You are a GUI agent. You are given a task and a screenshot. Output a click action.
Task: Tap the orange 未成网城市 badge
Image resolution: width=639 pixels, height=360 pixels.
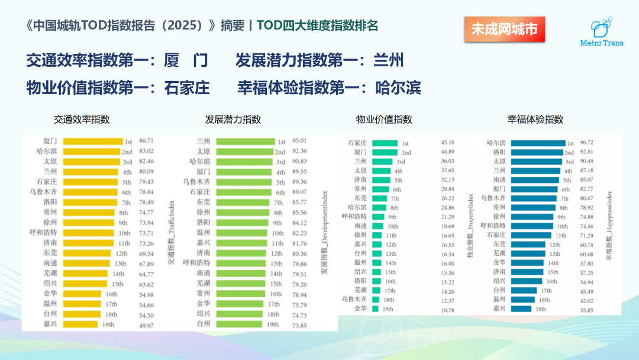click(x=504, y=29)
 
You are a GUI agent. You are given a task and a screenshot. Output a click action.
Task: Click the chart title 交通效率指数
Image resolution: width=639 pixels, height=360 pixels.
click(x=82, y=119)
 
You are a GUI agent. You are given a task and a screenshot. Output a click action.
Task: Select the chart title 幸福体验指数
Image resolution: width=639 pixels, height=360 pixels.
click(x=535, y=119)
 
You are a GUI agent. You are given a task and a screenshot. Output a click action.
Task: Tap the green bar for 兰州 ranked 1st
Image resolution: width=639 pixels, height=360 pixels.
click(x=246, y=142)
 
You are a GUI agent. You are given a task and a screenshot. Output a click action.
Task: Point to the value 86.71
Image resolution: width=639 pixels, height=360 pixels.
click(x=146, y=142)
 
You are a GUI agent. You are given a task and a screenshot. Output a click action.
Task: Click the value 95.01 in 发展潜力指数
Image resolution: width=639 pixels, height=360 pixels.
click(x=300, y=142)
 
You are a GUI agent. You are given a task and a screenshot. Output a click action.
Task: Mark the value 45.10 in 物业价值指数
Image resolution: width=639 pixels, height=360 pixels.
click(x=448, y=143)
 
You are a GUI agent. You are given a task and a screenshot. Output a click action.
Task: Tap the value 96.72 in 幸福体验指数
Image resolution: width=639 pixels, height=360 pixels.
click(x=587, y=143)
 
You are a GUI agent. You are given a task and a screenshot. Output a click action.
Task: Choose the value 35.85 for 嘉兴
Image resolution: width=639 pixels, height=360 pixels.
click(x=587, y=309)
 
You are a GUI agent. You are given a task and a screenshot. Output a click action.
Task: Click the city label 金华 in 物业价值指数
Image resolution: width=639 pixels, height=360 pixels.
click(x=361, y=308)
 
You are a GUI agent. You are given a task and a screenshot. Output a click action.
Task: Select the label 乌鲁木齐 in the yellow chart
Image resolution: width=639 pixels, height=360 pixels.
click(x=45, y=192)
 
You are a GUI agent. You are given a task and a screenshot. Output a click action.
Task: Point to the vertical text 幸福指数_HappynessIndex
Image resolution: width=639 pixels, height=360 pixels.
click(x=609, y=226)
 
